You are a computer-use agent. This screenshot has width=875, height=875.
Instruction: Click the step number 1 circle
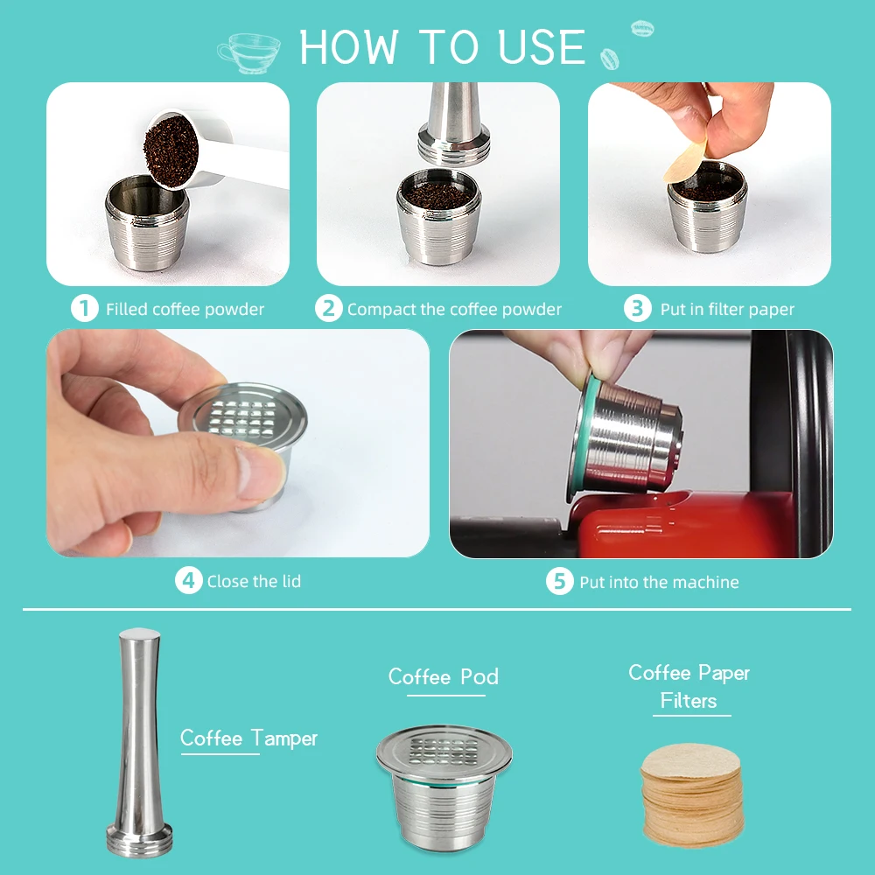tap(85, 308)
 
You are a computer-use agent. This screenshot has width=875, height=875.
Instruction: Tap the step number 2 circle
tap(329, 308)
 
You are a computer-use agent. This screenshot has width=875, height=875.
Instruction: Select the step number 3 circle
tap(637, 308)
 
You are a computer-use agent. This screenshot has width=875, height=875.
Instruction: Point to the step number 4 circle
tap(189, 580)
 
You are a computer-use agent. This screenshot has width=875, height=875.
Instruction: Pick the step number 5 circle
tap(560, 582)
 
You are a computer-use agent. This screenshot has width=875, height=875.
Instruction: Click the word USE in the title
tap(542, 47)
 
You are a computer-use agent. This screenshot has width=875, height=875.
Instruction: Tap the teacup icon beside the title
tap(248, 53)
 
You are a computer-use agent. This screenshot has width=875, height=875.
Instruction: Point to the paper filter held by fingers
tap(685, 162)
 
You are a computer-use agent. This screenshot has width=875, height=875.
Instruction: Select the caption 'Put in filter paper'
tap(727, 309)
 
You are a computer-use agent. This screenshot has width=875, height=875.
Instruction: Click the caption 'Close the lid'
tap(254, 582)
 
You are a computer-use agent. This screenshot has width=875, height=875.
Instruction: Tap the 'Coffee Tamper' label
tap(248, 738)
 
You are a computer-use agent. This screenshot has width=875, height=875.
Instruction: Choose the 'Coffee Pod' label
tap(444, 676)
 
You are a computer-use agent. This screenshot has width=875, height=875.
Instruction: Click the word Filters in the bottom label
tap(689, 700)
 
